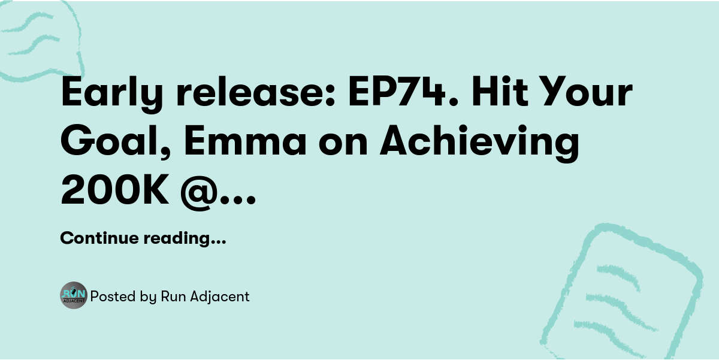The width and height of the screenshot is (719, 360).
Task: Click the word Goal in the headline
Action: [109, 142]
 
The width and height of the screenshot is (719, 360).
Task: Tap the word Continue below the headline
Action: [99, 238]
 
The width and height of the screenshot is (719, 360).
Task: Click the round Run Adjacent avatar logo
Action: [74, 295]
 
